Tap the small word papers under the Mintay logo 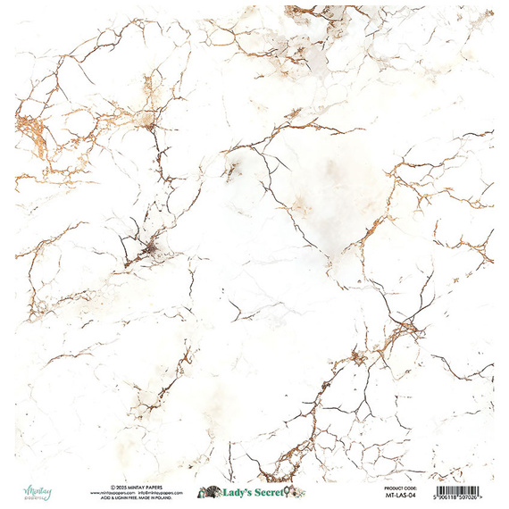click(29, 496)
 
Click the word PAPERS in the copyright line click(153, 487)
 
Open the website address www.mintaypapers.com click(112, 492)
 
